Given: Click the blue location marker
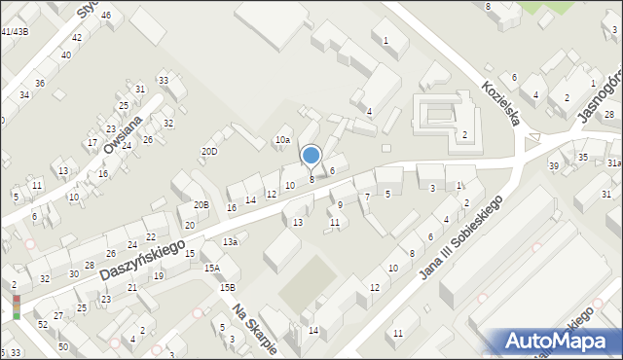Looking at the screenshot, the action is pyautogui.click(x=311, y=156).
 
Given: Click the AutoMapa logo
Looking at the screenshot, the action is pyautogui.click(x=556, y=341).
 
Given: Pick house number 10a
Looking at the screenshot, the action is pyautogui.click(x=282, y=140).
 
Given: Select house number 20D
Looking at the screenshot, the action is pyautogui.click(x=209, y=151).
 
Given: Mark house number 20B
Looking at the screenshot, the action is pyautogui.click(x=201, y=204).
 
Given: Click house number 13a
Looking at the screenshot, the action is pyautogui.click(x=230, y=241).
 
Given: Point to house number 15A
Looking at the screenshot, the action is pyautogui.click(x=211, y=268).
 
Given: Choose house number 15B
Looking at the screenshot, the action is pyautogui.click(x=227, y=287).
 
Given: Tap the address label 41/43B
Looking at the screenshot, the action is pyautogui.click(x=15, y=31).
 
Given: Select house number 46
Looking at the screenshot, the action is pyautogui.click(x=105, y=16).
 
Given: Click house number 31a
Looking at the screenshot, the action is pyautogui.click(x=614, y=162).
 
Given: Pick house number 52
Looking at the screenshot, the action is pyautogui.click(x=43, y=324).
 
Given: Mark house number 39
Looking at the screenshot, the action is pyautogui.click(x=553, y=166).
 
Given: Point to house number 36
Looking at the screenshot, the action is pyautogui.click(x=40, y=83).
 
